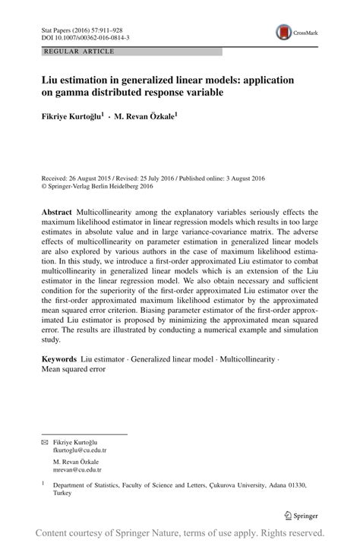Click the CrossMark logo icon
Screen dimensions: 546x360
283,31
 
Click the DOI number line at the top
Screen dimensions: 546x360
84,36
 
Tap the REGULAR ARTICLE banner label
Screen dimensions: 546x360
80,52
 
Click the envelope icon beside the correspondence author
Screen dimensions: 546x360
44,441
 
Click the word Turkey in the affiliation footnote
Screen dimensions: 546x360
62,493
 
